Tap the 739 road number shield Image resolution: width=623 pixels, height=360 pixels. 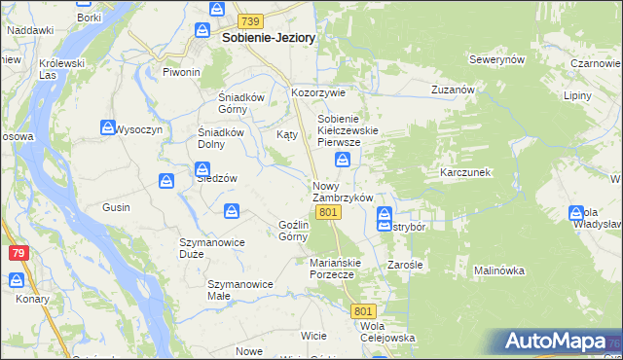(x=250, y=21)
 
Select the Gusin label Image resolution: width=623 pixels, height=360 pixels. (x=117, y=207)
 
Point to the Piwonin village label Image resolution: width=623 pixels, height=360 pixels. (x=181, y=72)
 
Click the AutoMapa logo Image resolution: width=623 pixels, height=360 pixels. (x=556, y=342)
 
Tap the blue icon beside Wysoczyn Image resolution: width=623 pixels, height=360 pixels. (x=107, y=127)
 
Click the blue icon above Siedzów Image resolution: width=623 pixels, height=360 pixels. (x=166, y=180)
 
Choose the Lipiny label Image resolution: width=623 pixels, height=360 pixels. (x=577, y=97)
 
